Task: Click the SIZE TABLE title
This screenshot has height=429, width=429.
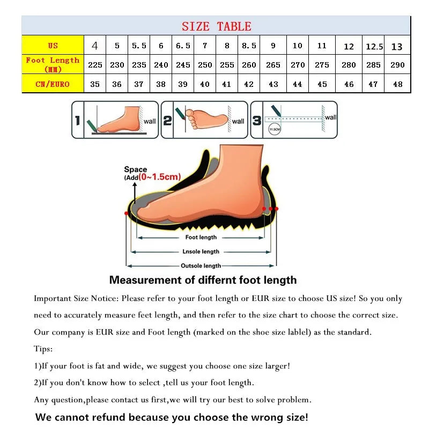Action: click(216, 26)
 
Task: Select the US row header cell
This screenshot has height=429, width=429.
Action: click(53, 46)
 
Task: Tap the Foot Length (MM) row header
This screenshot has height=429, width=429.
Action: click(53, 64)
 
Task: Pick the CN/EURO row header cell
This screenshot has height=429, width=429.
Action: click(53, 84)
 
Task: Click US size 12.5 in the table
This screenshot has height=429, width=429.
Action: click(374, 47)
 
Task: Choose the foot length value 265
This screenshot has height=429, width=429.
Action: click(273, 65)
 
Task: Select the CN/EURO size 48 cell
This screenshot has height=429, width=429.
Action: click(397, 84)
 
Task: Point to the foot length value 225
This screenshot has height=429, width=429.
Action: click(95, 65)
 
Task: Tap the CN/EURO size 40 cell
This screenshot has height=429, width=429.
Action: click(205, 84)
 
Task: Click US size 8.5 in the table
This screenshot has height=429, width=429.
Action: click(249, 46)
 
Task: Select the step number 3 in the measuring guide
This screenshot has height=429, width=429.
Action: click(257, 121)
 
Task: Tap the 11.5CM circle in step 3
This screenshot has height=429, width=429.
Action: click(274, 129)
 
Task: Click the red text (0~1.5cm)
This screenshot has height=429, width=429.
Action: click(160, 177)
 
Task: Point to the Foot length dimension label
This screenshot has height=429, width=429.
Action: click(201, 237)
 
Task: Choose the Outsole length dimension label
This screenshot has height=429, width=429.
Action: click(201, 265)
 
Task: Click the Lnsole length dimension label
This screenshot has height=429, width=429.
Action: click(201, 252)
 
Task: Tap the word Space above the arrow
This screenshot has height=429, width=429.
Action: click(136, 169)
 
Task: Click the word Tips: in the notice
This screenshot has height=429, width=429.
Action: click(43, 349)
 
